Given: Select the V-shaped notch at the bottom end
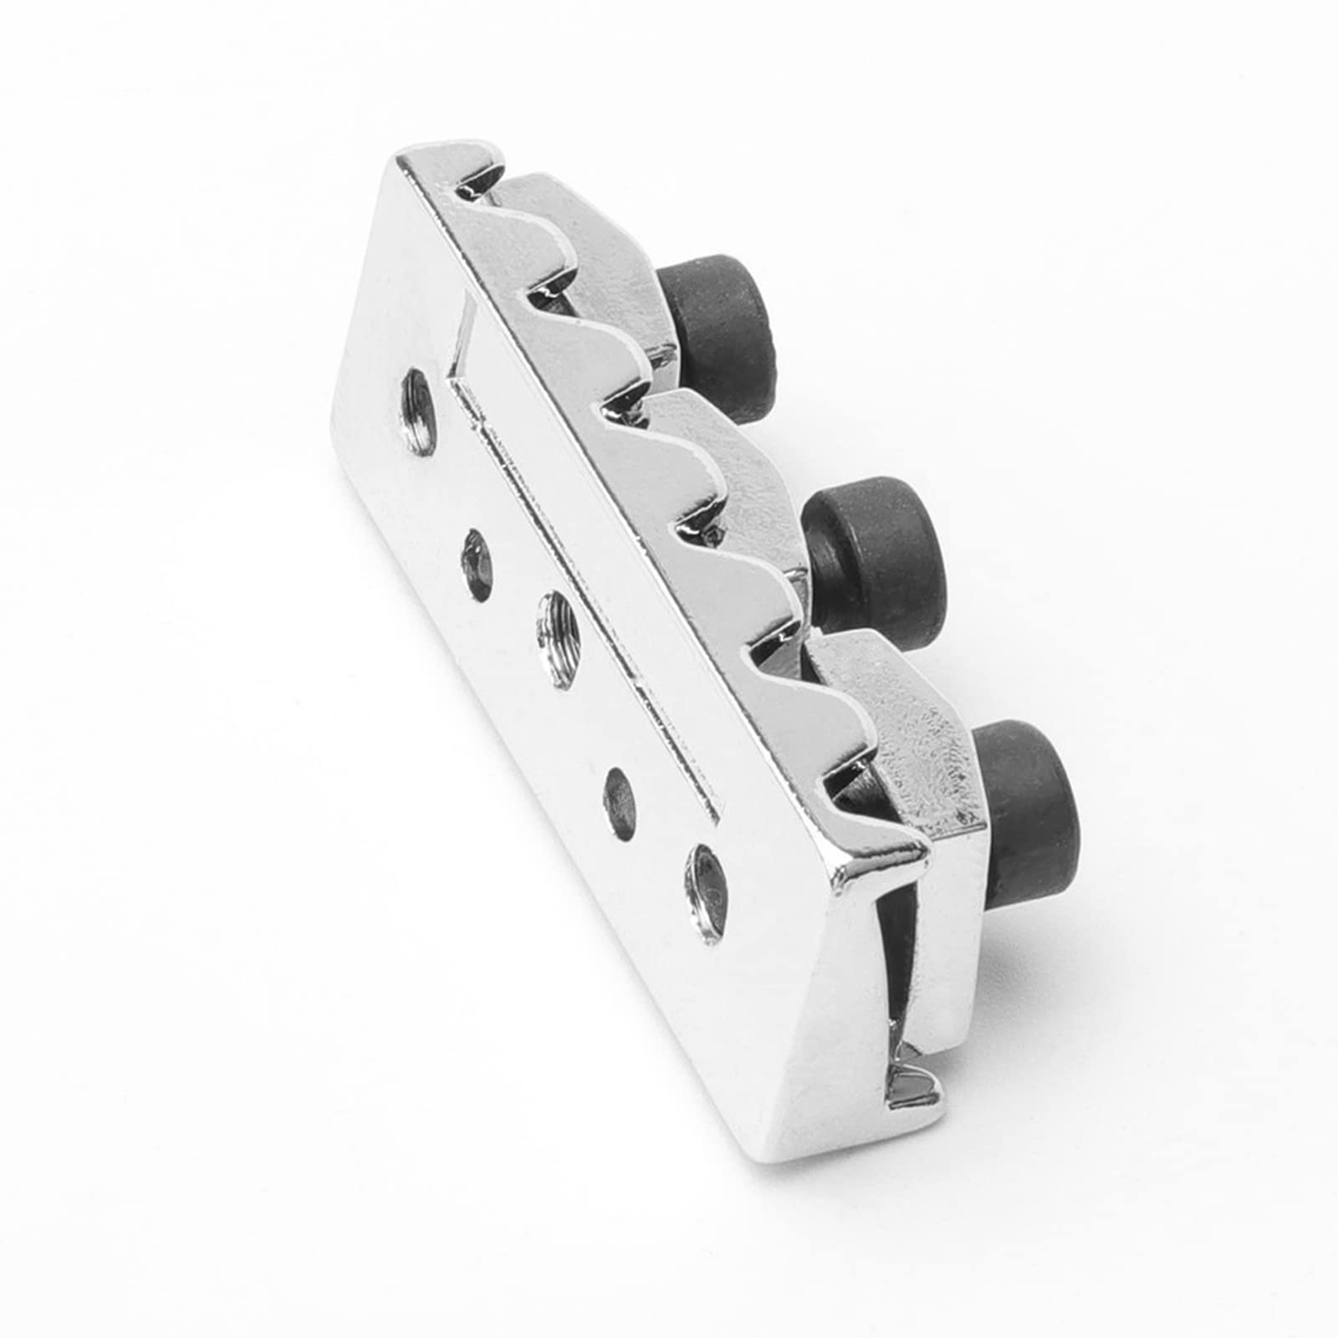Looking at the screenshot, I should pyautogui.click(x=912, y=1087).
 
